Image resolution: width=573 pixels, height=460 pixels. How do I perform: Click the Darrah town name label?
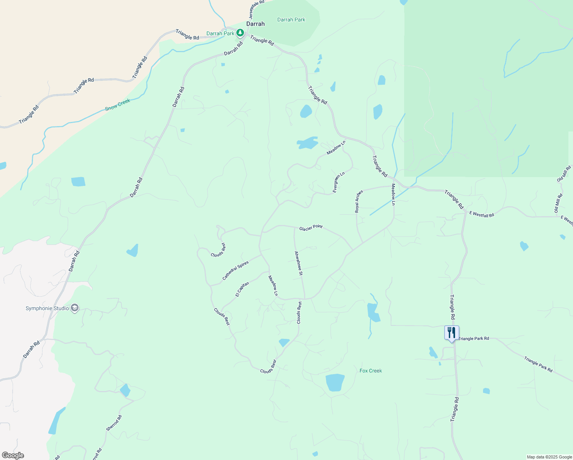(x=255, y=24)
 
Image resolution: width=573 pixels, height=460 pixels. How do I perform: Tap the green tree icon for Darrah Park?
(x=240, y=33)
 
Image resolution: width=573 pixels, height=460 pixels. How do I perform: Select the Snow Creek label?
(x=118, y=105)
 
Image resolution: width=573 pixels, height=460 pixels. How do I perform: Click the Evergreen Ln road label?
(x=339, y=182)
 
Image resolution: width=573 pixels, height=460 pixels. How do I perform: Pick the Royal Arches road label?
(x=359, y=201)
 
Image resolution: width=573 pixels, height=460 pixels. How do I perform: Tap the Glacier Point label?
(x=311, y=228)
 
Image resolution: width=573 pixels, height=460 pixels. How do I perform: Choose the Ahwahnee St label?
(x=298, y=263)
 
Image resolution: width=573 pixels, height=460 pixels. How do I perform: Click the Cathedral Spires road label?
(x=236, y=270)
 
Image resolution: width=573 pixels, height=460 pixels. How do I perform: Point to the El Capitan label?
(x=242, y=289)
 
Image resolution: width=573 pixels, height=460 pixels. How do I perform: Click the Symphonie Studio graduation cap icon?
(x=75, y=308)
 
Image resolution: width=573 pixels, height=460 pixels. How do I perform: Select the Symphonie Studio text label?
(x=47, y=308)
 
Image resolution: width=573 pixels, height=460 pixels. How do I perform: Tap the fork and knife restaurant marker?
(x=452, y=333)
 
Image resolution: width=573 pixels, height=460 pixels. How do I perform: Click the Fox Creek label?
(x=371, y=371)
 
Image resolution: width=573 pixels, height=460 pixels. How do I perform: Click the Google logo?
(x=13, y=455)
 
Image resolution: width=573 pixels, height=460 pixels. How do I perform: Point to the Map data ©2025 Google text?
(x=549, y=457)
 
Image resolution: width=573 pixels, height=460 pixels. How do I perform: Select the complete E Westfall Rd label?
(x=482, y=215)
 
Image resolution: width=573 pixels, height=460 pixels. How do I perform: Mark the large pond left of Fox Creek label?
(x=335, y=383)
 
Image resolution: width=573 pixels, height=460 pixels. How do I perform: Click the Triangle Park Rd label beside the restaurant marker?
(x=474, y=338)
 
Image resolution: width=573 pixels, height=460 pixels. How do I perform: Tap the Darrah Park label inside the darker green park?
(x=291, y=20)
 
